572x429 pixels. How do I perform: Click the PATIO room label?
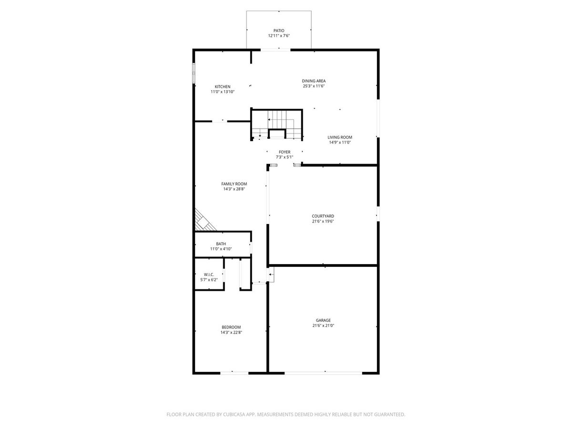[278, 31]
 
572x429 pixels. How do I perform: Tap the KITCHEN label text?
[222, 87]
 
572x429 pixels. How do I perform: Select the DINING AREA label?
[314, 81]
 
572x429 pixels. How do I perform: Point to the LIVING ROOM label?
[339, 137]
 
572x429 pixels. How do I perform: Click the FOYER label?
[284, 152]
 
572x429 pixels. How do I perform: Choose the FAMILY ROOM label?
[234, 184]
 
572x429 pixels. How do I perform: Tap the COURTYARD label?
[323, 216]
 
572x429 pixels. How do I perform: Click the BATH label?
[221, 244]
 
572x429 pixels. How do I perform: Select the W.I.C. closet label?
[209, 275]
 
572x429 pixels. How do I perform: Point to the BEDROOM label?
[231, 327]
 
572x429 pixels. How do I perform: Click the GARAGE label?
[323, 320]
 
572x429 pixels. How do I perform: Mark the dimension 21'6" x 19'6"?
[323, 221]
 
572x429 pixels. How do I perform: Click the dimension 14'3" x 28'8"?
[234, 189]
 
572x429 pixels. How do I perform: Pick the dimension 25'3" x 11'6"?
[314, 86]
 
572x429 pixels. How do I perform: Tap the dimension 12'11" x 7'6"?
[278, 36]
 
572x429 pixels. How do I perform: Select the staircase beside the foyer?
[277, 124]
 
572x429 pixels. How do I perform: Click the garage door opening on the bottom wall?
[323, 373]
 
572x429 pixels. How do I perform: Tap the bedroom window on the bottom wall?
[234, 373]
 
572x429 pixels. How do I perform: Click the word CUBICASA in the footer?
[234, 414]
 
